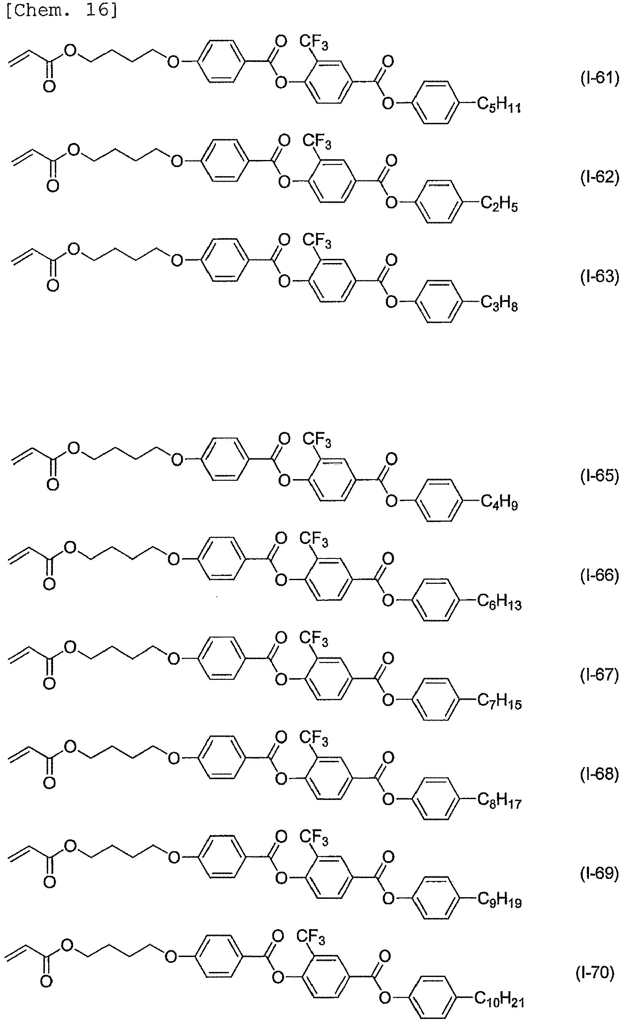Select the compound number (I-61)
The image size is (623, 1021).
[x=599, y=78]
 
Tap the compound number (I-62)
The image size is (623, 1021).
[x=599, y=177]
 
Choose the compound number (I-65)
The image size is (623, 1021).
[x=599, y=476]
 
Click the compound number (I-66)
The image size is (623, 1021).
[x=599, y=576]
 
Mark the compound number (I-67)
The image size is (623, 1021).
[x=599, y=675]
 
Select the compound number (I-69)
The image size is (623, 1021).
[x=599, y=874]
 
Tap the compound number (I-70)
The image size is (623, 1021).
[x=595, y=973]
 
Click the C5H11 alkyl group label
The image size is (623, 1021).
[x=499, y=105]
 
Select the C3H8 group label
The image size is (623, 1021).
[x=499, y=304]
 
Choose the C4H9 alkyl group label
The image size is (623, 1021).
[x=499, y=503]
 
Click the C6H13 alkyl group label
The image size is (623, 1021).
[x=499, y=602]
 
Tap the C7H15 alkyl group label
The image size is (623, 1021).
[x=499, y=702]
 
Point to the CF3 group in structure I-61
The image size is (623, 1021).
[x=314, y=43]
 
